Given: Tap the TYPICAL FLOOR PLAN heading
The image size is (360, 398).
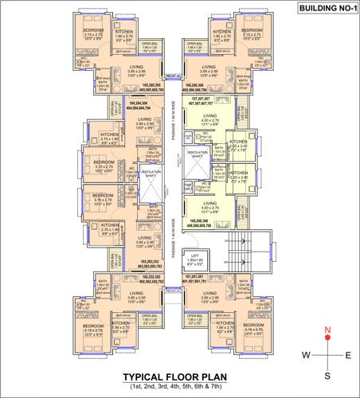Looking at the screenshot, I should pyautogui.click(x=178, y=377).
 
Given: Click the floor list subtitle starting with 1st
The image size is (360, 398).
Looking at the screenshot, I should pyautogui.click(x=178, y=388).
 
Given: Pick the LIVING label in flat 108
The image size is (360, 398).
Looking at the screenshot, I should pyautogui.click(x=209, y=206).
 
